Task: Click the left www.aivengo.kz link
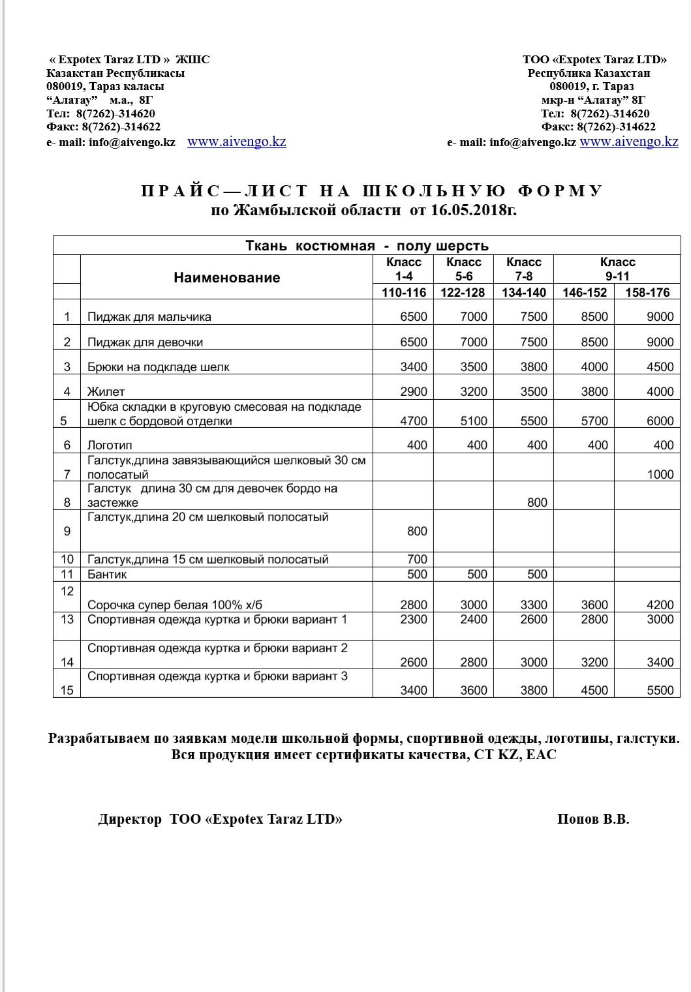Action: (x=236, y=142)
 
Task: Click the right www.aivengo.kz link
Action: (x=628, y=142)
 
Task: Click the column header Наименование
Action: (x=226, y=277)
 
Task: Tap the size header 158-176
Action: (x=647, y=292)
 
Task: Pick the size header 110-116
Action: (x=403, y=292)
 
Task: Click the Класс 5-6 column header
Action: (x=463, y=269)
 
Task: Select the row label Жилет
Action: (x=106, y=391)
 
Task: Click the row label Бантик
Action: (x=107, y=574)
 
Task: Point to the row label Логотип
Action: (x=110, y=445)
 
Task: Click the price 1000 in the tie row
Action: (x=660, y=474)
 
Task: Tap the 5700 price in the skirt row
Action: (x=594, y=421)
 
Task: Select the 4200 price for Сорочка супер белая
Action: (x=660, y=605)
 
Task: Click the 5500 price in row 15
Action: (x=660, y=690)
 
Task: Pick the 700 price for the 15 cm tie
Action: (x=417, y=559)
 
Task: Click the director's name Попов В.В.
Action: (x=593, y=819)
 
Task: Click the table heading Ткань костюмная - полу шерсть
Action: (x=367, y=246)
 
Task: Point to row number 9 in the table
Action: (x=67, y=531)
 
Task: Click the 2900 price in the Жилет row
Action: (x=414, y=391)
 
